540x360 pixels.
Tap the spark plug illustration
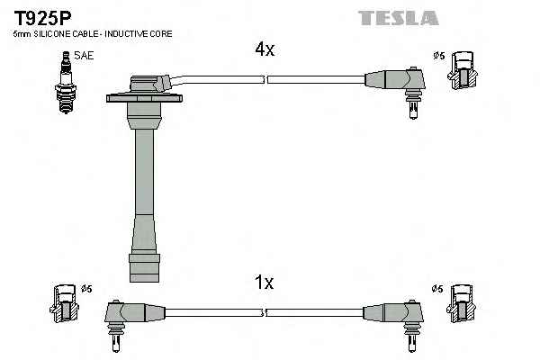click(x=66, y=83)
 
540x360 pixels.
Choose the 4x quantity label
click(x=264, y=50)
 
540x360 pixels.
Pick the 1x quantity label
click(x=263, y=283)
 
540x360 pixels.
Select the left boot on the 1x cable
click(x=126, y=314)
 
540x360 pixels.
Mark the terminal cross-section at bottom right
click(x=462, y=303)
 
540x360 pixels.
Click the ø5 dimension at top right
click(x=439, y=56)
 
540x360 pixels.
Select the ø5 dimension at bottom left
click(x=86, y=289)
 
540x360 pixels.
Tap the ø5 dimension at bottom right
click(x=438, y=289)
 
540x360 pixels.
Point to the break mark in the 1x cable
click(x=265, y=312)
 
